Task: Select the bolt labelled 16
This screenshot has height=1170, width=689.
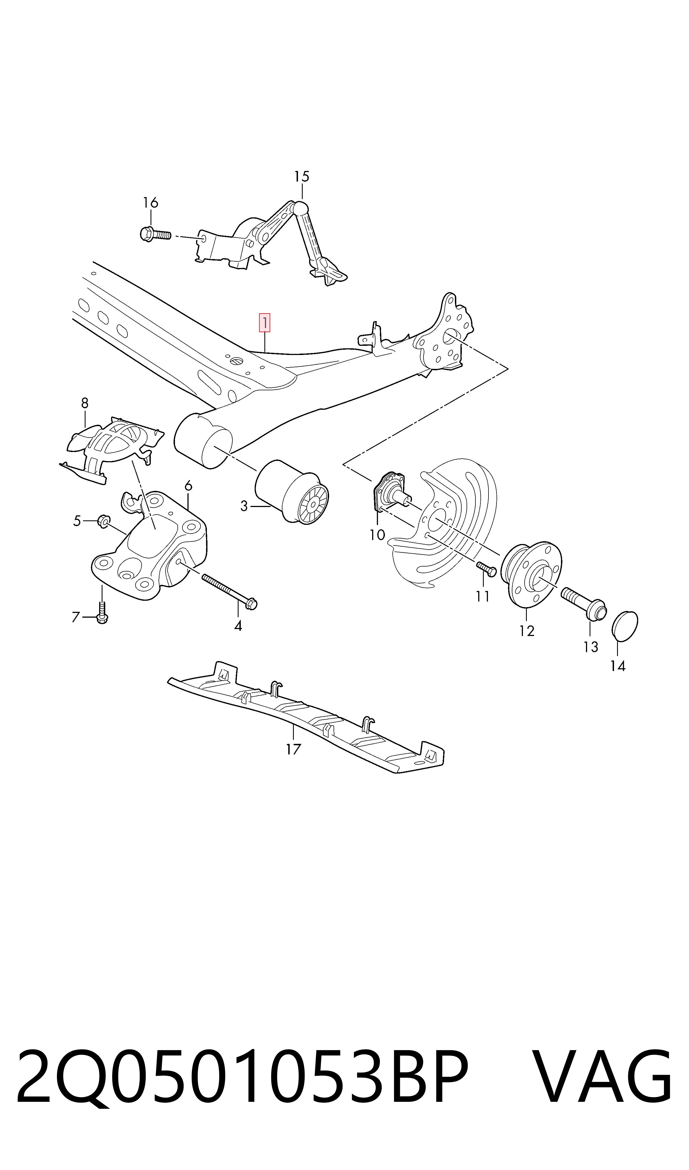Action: [x=155, y=234]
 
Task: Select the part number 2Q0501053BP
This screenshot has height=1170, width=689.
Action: [x=242, y=1077]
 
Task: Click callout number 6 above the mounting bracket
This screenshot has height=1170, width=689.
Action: [x=188, y=486]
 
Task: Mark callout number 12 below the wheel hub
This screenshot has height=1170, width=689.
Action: [x=527, y=630]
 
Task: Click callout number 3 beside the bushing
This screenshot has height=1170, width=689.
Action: [x=244, y=506]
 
